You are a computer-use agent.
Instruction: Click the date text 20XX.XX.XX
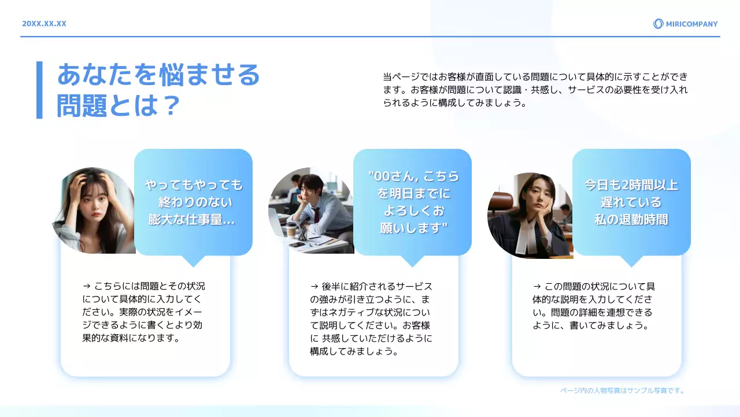pyautogui.click(x=44, y=24)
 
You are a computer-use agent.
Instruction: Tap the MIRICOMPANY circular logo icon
pyautogui.click(x=658, y=24)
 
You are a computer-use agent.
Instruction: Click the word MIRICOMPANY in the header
pyautogui.click(x=691, y=24)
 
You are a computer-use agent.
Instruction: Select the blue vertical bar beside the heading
pyautogui.click(x=39, y=90)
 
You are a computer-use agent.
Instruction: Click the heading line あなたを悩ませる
pyautogui.click(x=158, y=75)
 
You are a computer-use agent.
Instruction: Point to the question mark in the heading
pyautogui.click(x=169, y=105)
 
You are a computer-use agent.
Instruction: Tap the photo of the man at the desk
pyautogui.click(x=311, y=211)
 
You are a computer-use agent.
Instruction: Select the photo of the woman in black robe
pyautogui.click(x=530, y=215)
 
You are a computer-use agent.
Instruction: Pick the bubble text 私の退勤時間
pyautogui.click(x=631, y=220)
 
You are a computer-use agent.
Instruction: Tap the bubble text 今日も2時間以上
pyautogui.click(x=631, y=185)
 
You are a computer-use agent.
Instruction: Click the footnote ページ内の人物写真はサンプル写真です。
pyautogui.click(x=622, y=391)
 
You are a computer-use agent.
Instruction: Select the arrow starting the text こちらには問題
pyautogui.click(x=87, y=286)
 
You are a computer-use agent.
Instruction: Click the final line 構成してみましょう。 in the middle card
pyautogui.click(x=354, y=351)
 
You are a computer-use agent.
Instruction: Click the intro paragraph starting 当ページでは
pyautogui.click(x=535, y=90)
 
